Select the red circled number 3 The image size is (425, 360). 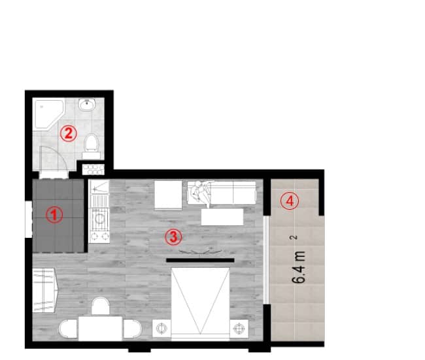[172, 236]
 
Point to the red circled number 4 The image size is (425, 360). [290, 201]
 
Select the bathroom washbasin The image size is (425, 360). [87, 105]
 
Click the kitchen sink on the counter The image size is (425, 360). [99, 193]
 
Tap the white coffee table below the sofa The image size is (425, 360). [224, 216]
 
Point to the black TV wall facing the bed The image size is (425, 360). [199, 260]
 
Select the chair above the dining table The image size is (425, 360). [100, 306]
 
